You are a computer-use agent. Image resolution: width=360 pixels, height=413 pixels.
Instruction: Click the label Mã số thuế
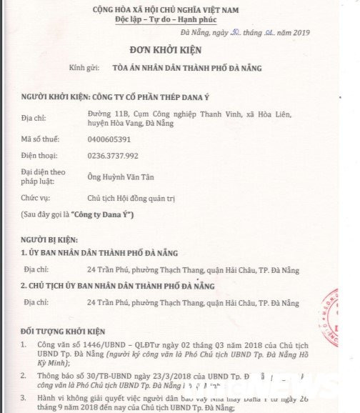coord(40,141)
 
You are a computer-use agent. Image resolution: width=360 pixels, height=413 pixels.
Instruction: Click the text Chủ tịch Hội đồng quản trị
coord(132,196)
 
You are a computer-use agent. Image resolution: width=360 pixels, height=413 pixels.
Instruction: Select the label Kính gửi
coord(82,67)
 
